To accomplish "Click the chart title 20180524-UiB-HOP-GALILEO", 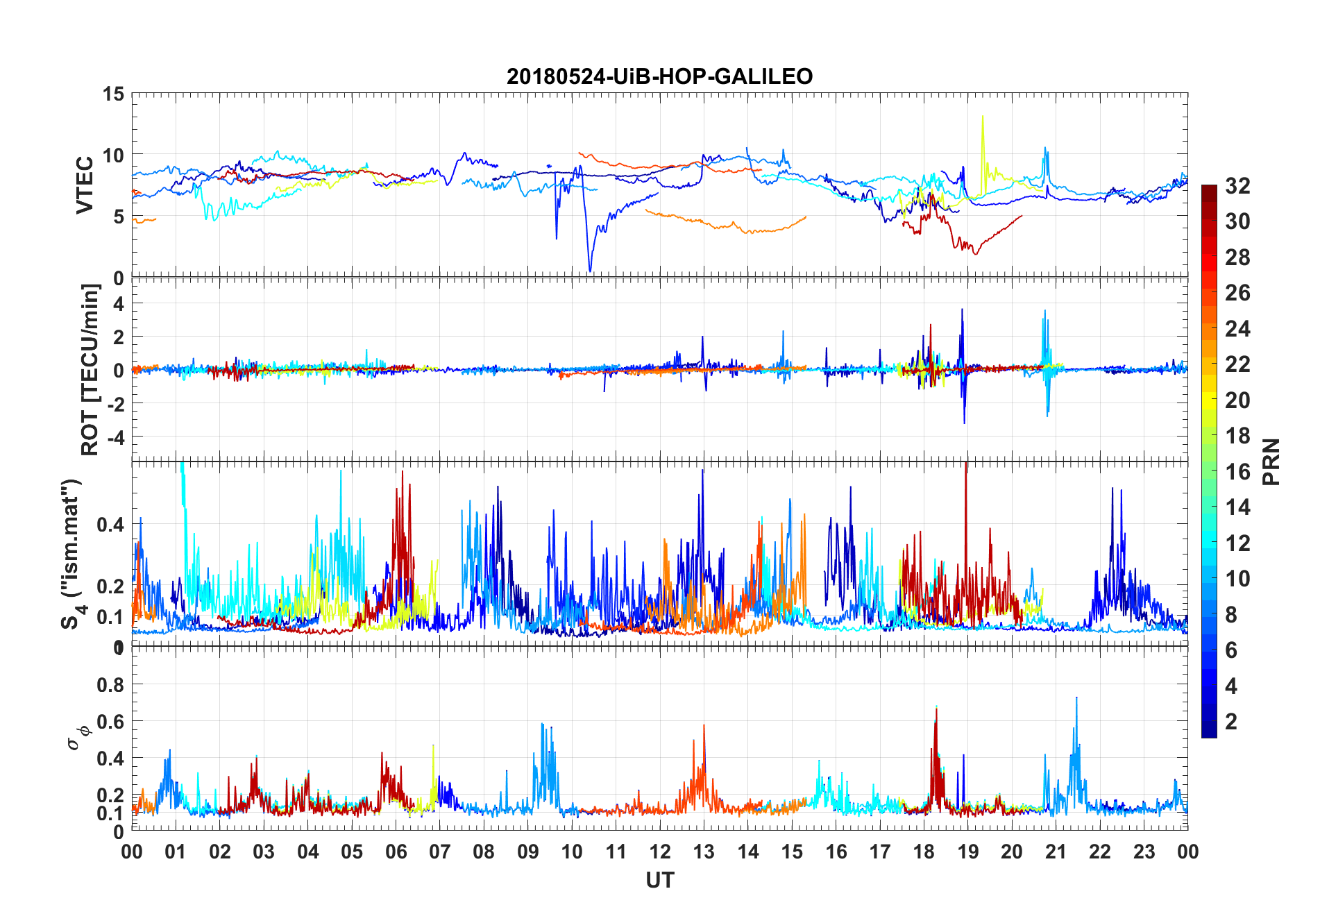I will [659, 76].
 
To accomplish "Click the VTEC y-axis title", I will [85, 185].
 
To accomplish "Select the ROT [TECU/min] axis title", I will [90, 369].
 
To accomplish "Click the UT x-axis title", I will [659, 880].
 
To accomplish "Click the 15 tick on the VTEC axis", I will [114, 94].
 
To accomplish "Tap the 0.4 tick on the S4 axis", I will [110, 525].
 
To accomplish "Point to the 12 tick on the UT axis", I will [659, 852].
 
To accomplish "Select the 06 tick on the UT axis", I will [396, 852].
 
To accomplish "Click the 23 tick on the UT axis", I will [1144, 852].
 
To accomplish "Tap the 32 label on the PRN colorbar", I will [1237, 186].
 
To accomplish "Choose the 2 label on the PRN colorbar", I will [1231, 722].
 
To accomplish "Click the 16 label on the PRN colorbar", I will [1237, 472].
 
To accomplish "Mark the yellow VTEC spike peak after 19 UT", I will [982, 117].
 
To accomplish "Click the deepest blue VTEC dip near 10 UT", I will [590, 271].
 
